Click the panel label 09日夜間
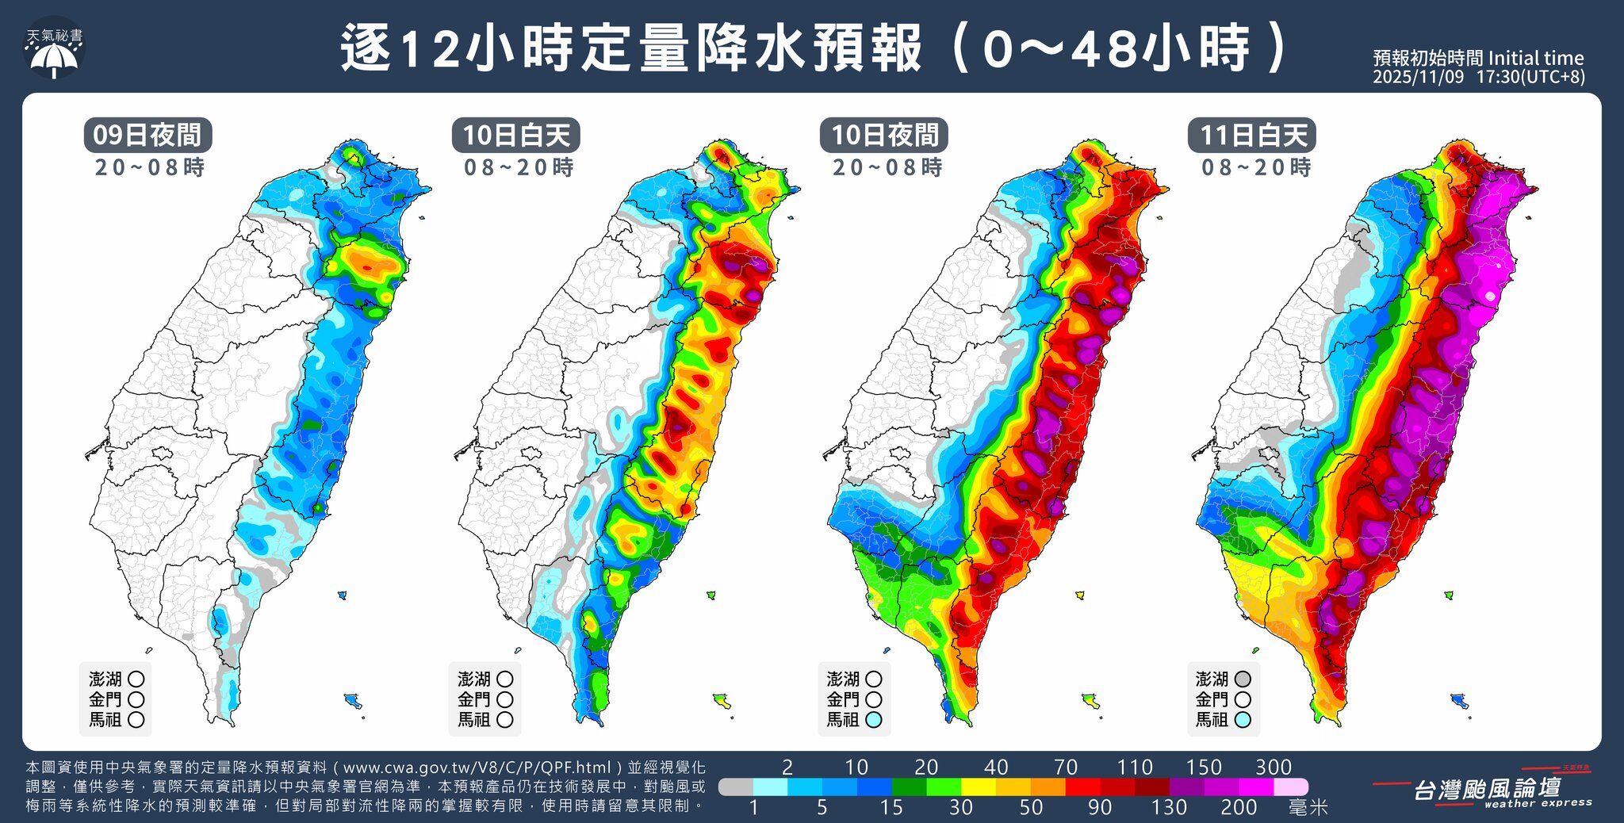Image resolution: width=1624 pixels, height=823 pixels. point(147,135)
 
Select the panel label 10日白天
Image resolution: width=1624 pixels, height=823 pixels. point(516,135)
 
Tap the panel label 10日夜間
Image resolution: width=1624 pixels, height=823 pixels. point(884,135)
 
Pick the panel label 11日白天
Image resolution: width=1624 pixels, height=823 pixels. point(1252,135)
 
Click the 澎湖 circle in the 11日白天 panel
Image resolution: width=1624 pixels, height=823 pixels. point(1243,679)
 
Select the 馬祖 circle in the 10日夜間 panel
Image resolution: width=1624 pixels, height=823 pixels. point(873,720)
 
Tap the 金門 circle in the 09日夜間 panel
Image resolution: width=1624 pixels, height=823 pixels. point(136,699)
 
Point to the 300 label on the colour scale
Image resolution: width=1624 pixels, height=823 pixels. point(1274,767)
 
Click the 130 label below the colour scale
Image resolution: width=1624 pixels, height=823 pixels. point(1169,807)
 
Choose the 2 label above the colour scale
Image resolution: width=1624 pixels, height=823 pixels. point(787,767)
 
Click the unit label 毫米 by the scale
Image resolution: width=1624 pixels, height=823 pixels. point(1308,807)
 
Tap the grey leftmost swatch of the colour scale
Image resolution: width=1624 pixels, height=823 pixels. point(735,787)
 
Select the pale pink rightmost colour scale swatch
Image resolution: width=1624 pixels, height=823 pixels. point(1291,787)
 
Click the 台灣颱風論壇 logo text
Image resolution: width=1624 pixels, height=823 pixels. point(1487,788)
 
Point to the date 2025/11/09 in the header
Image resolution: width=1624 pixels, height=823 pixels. point(1419,78)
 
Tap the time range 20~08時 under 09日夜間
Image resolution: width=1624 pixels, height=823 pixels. point(149,167)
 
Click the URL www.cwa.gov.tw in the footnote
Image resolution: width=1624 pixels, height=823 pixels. point(400,767)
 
